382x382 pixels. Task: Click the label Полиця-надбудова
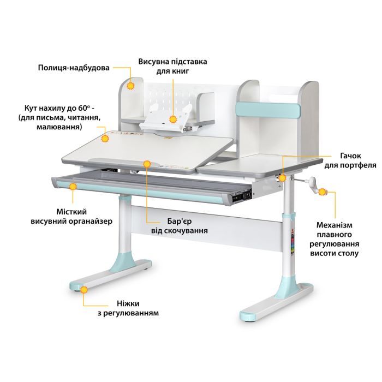(x=74, y=68)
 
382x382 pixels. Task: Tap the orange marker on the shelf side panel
(x=131, y=86)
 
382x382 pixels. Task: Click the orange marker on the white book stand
(x=173, y=120)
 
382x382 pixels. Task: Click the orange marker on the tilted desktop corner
(x=105, y=139)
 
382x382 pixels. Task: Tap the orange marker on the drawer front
(x=73, y=187)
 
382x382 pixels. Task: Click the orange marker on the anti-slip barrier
(x=147, y=164)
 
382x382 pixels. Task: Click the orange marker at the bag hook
(x=282, y=178)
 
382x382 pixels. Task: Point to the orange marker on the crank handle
(x=322, y=192)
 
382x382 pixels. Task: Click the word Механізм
(x=334, y=225)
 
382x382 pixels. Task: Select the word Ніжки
(x=128, y=303)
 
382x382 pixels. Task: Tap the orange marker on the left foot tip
(x=84, y=290)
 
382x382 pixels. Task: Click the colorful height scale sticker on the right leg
(x=293, y=243)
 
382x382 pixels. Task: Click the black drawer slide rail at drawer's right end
(x=241, y=196)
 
